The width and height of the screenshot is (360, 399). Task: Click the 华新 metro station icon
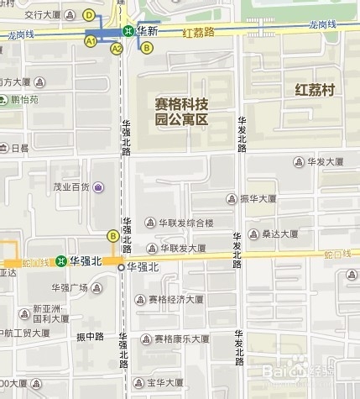pos(128,30)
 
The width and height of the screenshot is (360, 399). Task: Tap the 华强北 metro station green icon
pos(61,261)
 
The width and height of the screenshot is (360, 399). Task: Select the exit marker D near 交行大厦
pos(89,15)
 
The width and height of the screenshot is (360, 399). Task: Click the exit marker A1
pos(90,39)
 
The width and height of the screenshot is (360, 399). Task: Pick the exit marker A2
pos(117,49)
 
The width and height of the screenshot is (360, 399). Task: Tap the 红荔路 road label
pos(199,31)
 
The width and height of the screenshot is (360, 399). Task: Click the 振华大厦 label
pos(258,199)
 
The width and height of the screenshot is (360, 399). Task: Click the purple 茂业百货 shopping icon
pos(99,186)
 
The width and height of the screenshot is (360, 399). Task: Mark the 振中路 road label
pos(90,337)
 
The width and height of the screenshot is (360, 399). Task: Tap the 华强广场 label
pos(70,287)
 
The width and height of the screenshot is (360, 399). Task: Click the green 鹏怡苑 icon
pos(5,99)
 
